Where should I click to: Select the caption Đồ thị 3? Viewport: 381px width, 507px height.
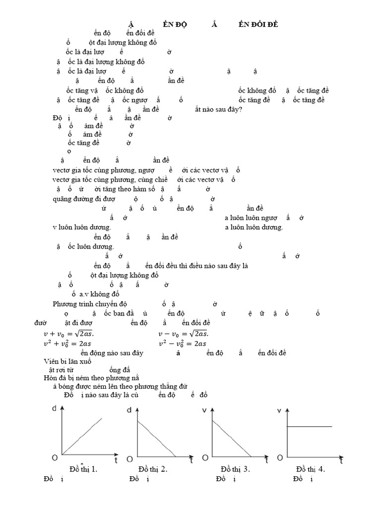pyautogui.click(x=235, y=469)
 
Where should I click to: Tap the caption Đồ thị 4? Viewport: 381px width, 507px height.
pyautogui.click(x=311, y=469)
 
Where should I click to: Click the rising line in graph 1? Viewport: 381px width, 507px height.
pyautogui.click(x=82, y=435)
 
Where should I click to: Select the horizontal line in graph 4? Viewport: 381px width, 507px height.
pyautogui.click(x=310, y=426)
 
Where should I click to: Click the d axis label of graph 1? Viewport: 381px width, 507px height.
pyautogui.click(x=54, y=409)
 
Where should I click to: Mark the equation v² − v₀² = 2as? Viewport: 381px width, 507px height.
pyautogui.click(x=182, y=344)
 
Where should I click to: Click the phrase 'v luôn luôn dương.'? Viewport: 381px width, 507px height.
pyautogui.click(x=82, y=227)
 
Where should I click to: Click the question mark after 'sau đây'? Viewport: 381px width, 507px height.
pyautogui.click(x=241, y=109)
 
